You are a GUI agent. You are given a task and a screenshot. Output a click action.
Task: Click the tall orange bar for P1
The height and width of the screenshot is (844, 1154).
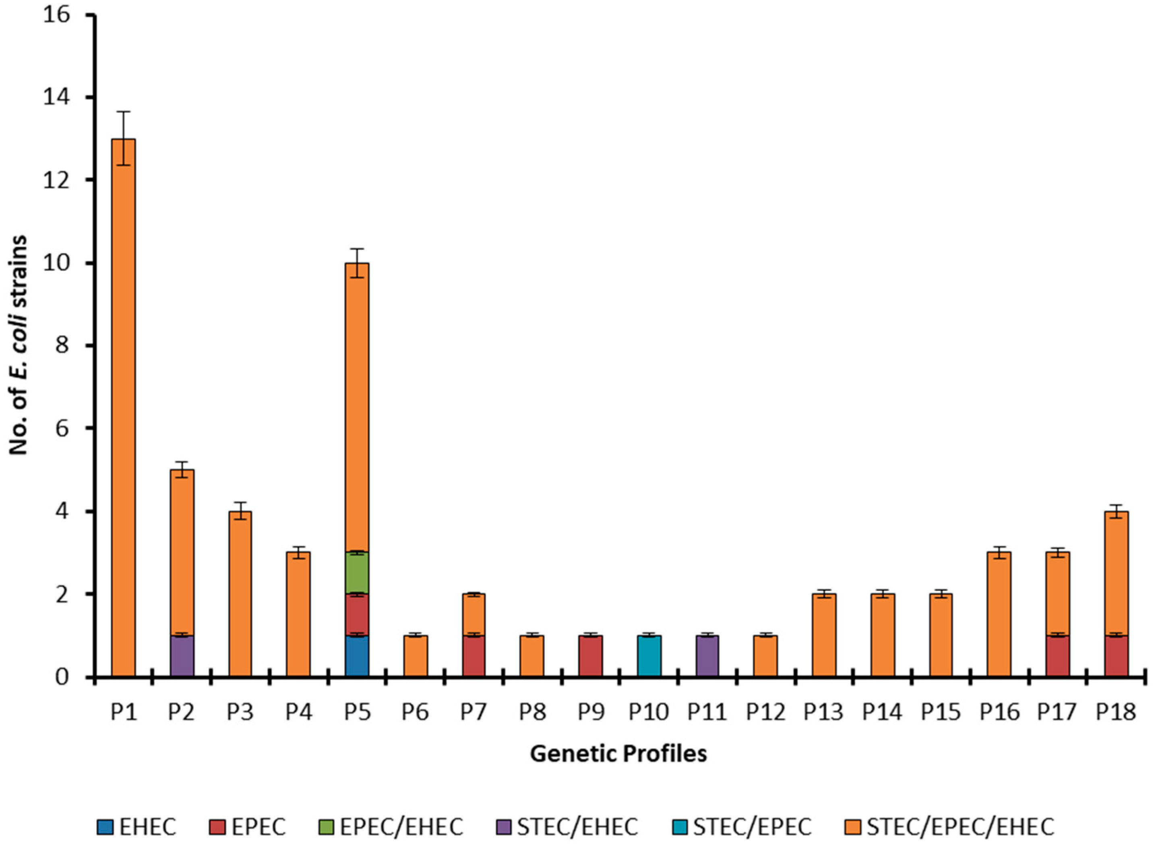click(123, 409)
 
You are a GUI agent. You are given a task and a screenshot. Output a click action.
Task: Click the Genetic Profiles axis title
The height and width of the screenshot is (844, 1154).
click(618, 754)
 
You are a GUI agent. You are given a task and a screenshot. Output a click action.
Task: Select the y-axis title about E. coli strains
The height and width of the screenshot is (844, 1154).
click(19, 345)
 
